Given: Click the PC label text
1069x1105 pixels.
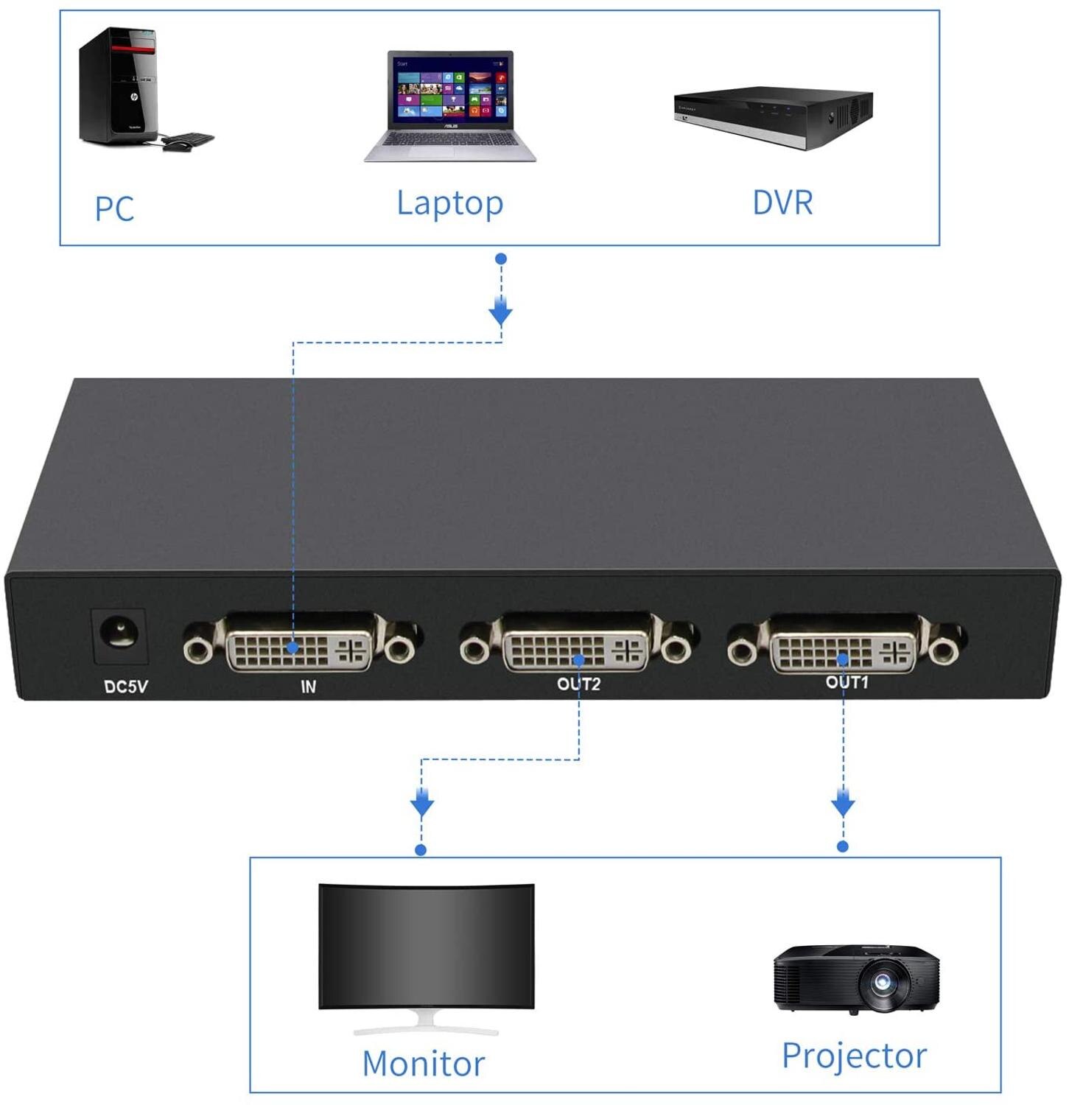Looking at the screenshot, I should click(114, 208).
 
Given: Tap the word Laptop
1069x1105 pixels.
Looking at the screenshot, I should click(449, 203).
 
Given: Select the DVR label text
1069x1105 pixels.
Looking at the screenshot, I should click(782, 203).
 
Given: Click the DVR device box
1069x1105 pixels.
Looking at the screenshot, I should click(773, 116).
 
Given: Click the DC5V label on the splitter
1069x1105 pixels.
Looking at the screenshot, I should click(126, 687).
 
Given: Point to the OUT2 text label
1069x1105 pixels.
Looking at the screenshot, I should click(578, 684).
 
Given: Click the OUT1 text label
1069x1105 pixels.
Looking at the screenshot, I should click(847, 682).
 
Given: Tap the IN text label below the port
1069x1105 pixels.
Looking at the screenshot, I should click(308, 687).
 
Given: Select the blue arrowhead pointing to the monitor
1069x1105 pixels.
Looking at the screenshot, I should click(421, 803).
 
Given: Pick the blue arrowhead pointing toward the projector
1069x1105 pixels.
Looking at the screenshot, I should click(843, 802).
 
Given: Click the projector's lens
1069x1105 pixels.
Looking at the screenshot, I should click(882, 983).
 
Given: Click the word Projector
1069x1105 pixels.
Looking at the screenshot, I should click(853, 1056).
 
